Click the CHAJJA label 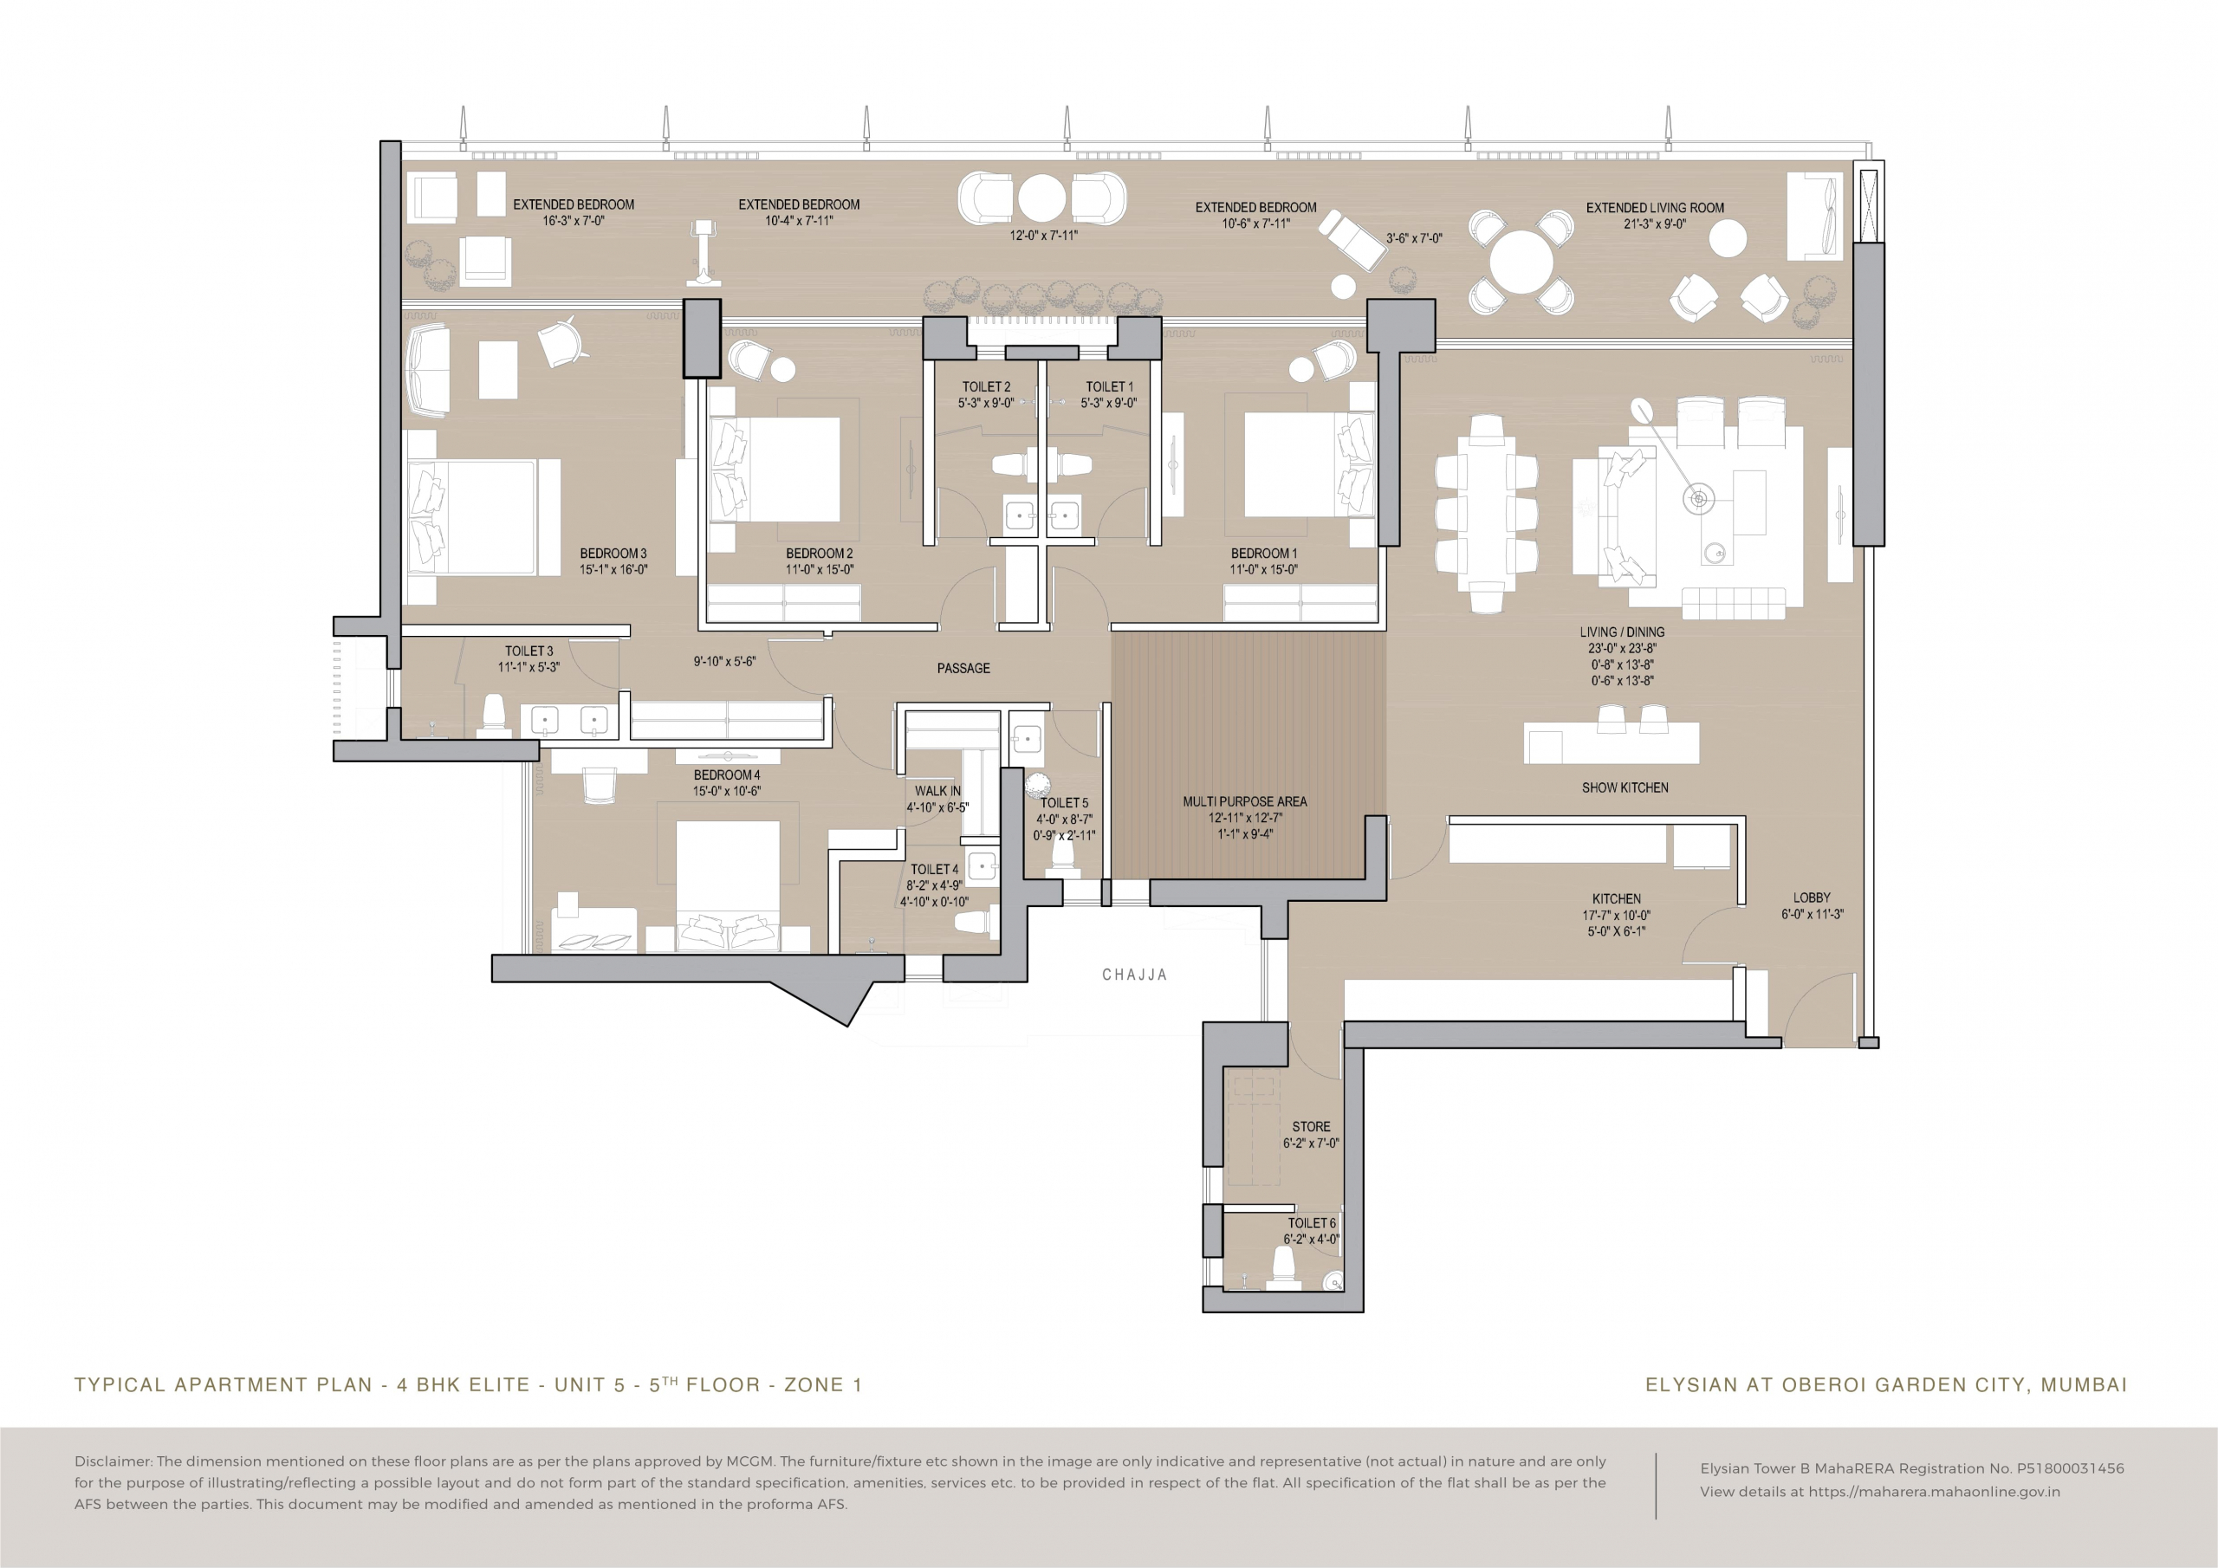click(1135, 975)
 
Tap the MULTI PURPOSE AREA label click(1245, 801)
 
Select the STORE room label click(1311, 1126)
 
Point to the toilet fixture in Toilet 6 click(1283, 1267)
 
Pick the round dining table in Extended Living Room click(1521, 262)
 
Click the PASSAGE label click(963, 668)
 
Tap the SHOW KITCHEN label click(1625, 787)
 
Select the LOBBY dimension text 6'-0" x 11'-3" click(1813, 914)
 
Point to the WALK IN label click(938, 790)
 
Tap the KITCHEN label click(1616, 898)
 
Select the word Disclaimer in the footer click(112, 1461)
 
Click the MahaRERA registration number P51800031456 click(2070, 1468)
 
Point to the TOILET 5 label click(1064, 803)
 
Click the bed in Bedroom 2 click(775, 470)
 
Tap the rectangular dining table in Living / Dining click(1486, 514)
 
